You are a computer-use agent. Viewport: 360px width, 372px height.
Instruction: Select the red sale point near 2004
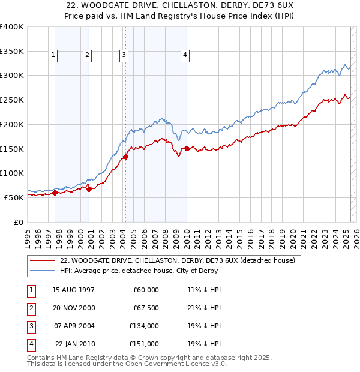[x=125, y=157]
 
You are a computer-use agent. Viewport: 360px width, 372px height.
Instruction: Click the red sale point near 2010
[x=187, y=148]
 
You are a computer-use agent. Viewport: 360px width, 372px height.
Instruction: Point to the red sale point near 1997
[x=55, y=193]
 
